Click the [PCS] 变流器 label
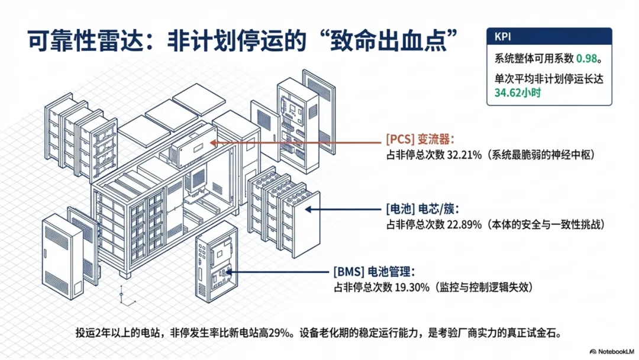tap(419, 140)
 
